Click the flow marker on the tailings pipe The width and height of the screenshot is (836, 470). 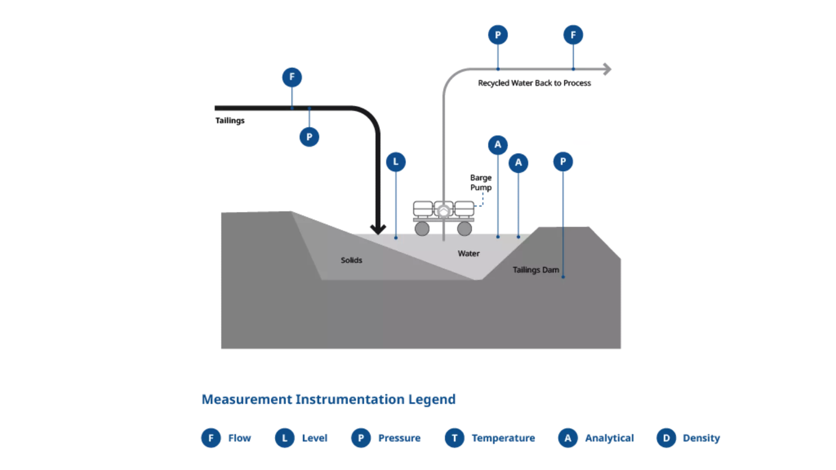(292, 77)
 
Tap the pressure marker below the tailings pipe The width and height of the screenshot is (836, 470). (309, 137)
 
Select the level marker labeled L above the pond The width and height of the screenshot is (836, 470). (396, 162)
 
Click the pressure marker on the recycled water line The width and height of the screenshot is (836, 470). (498, 35)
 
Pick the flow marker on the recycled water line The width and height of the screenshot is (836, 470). (573, 35)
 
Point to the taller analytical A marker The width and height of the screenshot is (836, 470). (498, 144)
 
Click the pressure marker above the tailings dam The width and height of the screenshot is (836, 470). (563, 162)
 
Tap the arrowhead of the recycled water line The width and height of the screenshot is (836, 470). (607, 69)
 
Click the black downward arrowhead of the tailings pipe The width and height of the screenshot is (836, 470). (378, 228)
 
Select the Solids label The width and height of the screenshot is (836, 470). (351, 260)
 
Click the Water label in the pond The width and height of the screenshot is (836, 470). (469, 254)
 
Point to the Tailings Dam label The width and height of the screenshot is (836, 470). (536, 270)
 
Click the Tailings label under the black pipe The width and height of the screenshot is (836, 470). (230, 121)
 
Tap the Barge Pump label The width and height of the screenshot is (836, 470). (481, 183)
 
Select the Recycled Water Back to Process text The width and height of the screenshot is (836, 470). (534, 83)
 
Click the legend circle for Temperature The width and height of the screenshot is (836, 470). (455, 438)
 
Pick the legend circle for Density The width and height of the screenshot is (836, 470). (666, 438)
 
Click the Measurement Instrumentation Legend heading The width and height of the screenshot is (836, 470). (329, 399)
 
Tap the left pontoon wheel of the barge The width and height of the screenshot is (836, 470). (421, 228)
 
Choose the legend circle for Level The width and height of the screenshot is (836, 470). (285, 438)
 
